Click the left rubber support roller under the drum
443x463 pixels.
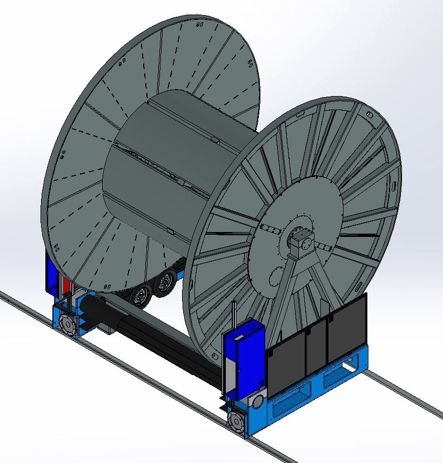[x=142, y=296]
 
